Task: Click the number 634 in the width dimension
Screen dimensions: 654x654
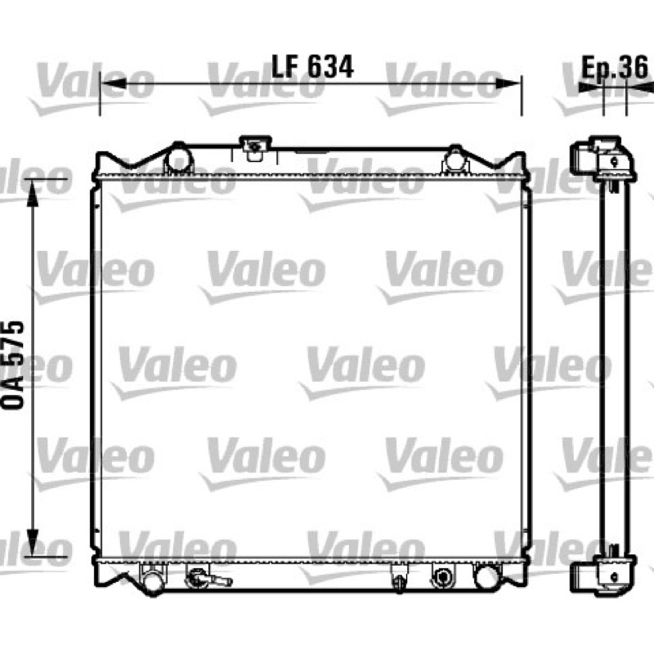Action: pyautogui.click(x=331, y=67)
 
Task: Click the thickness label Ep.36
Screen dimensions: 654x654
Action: pyautogui.click(x=615, y=67)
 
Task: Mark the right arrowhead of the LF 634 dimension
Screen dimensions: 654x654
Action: pyautogui.click(x=508, y=83)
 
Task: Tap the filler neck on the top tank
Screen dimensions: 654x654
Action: pyautogui.click(x=255, y=148)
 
